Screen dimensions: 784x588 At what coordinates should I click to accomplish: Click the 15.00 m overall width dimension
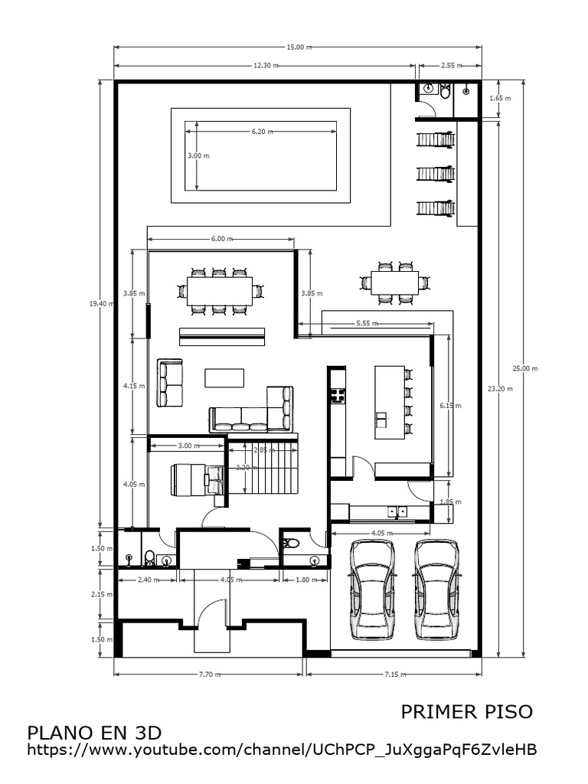click(x=299, y=47)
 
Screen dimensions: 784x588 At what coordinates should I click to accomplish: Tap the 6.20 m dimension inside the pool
click(x=260, y=132)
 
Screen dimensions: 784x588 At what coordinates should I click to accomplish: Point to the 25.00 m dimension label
click(x=525, y=368)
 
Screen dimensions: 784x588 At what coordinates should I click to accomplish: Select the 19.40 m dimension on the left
click(x=101, y=303)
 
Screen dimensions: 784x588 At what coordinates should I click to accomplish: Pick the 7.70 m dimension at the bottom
click(x=209, y=675)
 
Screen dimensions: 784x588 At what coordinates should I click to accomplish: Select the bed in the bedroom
click(x=196, y=480)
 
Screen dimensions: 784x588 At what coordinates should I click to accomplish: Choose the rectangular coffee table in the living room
click(x=224, y=377)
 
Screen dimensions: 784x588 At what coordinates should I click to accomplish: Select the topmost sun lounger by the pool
click(x=435, y=140)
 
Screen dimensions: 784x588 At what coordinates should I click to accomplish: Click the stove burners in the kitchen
click(x=337, y=396)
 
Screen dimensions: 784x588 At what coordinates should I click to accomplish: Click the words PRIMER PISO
click(x=466, y=711)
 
